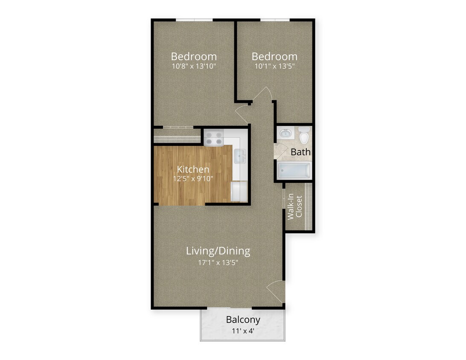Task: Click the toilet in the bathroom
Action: click(x=304, y=136)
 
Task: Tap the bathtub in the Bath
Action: click(x=294, y=171)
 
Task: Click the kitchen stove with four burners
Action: click(x=214, y=138)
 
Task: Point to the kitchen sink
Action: click(x=240, y=156)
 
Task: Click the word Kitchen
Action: click(x=193, y=169)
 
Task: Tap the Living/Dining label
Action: click(x=218, y=251)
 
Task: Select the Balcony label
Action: click(x=243, y=319)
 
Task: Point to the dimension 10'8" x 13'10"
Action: click(x=194, y=66)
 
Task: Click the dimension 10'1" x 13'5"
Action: click(x=274, y=66)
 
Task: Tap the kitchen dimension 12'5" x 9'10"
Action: click(x=193, y=179)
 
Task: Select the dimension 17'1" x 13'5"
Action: click(x=218, y=262)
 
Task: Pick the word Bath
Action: click(x=300, y=152)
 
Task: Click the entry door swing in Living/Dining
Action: click(x=276, y=291)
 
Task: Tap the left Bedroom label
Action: click(x=194, y=56)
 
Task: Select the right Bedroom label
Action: click(x=274, y=56)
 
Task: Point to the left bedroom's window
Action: click(x=194, y=20)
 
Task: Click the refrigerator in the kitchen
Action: click(x=239, y=191)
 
